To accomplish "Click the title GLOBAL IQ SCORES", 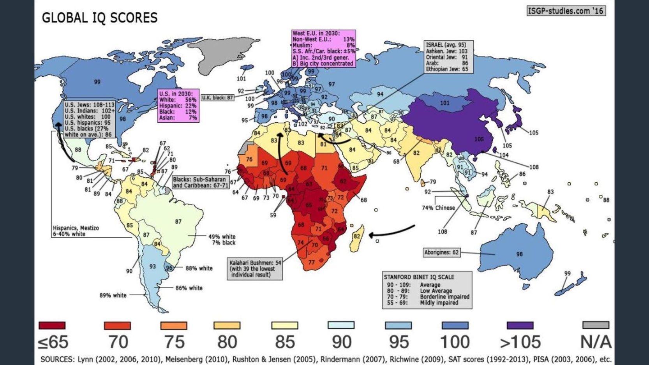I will [100, 18].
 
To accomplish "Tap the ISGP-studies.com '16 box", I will [566, 11].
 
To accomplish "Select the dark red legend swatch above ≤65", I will [52, 325].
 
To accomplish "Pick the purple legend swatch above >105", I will [520, 325].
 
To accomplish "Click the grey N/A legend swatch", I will [596, 325].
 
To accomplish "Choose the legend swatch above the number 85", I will [284, 325].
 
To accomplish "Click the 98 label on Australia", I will [519, 254].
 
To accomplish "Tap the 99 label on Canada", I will [97, 82].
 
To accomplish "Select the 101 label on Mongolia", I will [444, 103].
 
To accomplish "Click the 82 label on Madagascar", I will [357, 236].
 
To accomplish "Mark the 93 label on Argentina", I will [152, 266].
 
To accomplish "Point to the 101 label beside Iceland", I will [241, 79].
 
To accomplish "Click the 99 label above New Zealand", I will [567, 273].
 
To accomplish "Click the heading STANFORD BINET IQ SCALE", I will [419, 277].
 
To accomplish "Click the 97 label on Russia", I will [332, 84].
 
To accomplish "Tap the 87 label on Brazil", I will [178, 222].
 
